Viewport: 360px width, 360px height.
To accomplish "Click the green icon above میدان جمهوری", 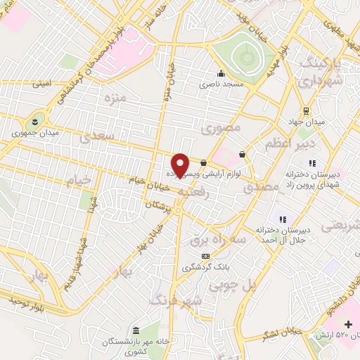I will coord(36,119).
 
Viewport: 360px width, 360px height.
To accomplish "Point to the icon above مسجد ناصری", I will coord(221,73).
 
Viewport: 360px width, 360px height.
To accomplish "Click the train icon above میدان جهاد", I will coord(306,111).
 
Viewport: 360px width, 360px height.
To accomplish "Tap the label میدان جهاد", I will coord(310,122).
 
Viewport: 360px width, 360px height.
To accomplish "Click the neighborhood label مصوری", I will coord(221,128).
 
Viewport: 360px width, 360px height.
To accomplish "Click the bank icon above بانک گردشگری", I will coord(205,256).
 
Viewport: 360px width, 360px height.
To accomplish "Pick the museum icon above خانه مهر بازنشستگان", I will coord(136,330).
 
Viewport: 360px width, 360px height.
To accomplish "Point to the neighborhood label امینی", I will coord(41,83).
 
